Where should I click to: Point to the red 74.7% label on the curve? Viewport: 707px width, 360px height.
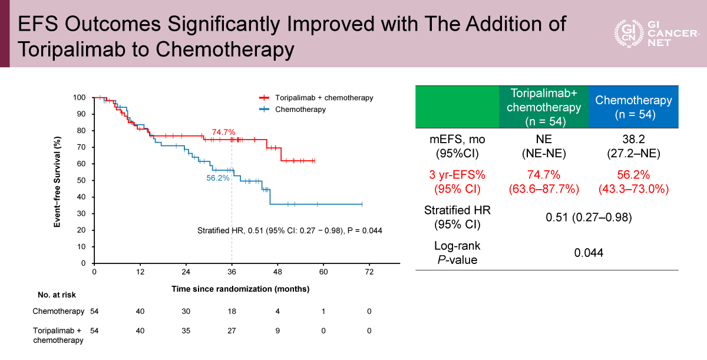pos(224,132)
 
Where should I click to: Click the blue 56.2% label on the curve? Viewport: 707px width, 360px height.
pos(217,177)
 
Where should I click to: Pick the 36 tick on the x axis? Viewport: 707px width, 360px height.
pos(232,272)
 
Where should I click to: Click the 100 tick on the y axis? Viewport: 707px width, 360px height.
pos(80,97)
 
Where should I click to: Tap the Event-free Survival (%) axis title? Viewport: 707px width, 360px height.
pos(58,180)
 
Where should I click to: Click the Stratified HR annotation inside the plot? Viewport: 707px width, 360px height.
pos(289,230)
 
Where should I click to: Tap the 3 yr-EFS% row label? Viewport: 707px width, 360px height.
pos(457,182)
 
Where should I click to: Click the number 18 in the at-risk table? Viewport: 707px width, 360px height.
pos(232,311)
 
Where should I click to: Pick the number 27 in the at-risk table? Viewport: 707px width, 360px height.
pos(232,331)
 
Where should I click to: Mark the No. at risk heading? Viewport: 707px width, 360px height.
pos(57,295)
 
